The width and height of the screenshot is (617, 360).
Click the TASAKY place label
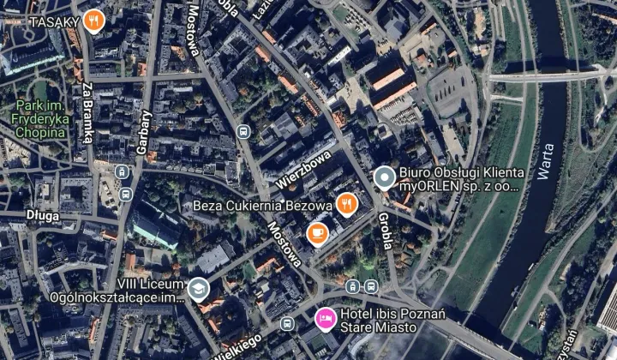click(x=54, y=21)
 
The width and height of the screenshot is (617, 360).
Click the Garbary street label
click(x=144, y=132)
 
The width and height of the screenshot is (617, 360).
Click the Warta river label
click(x=546, y=160)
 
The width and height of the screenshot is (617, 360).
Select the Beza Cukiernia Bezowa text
click(x=262, y=206)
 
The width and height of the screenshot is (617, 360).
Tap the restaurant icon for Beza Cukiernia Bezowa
click(x=346, y=203)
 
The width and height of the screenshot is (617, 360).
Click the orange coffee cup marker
click(x=316, y=231)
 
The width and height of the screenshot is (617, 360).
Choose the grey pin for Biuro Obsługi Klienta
click(x=385, y=177)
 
